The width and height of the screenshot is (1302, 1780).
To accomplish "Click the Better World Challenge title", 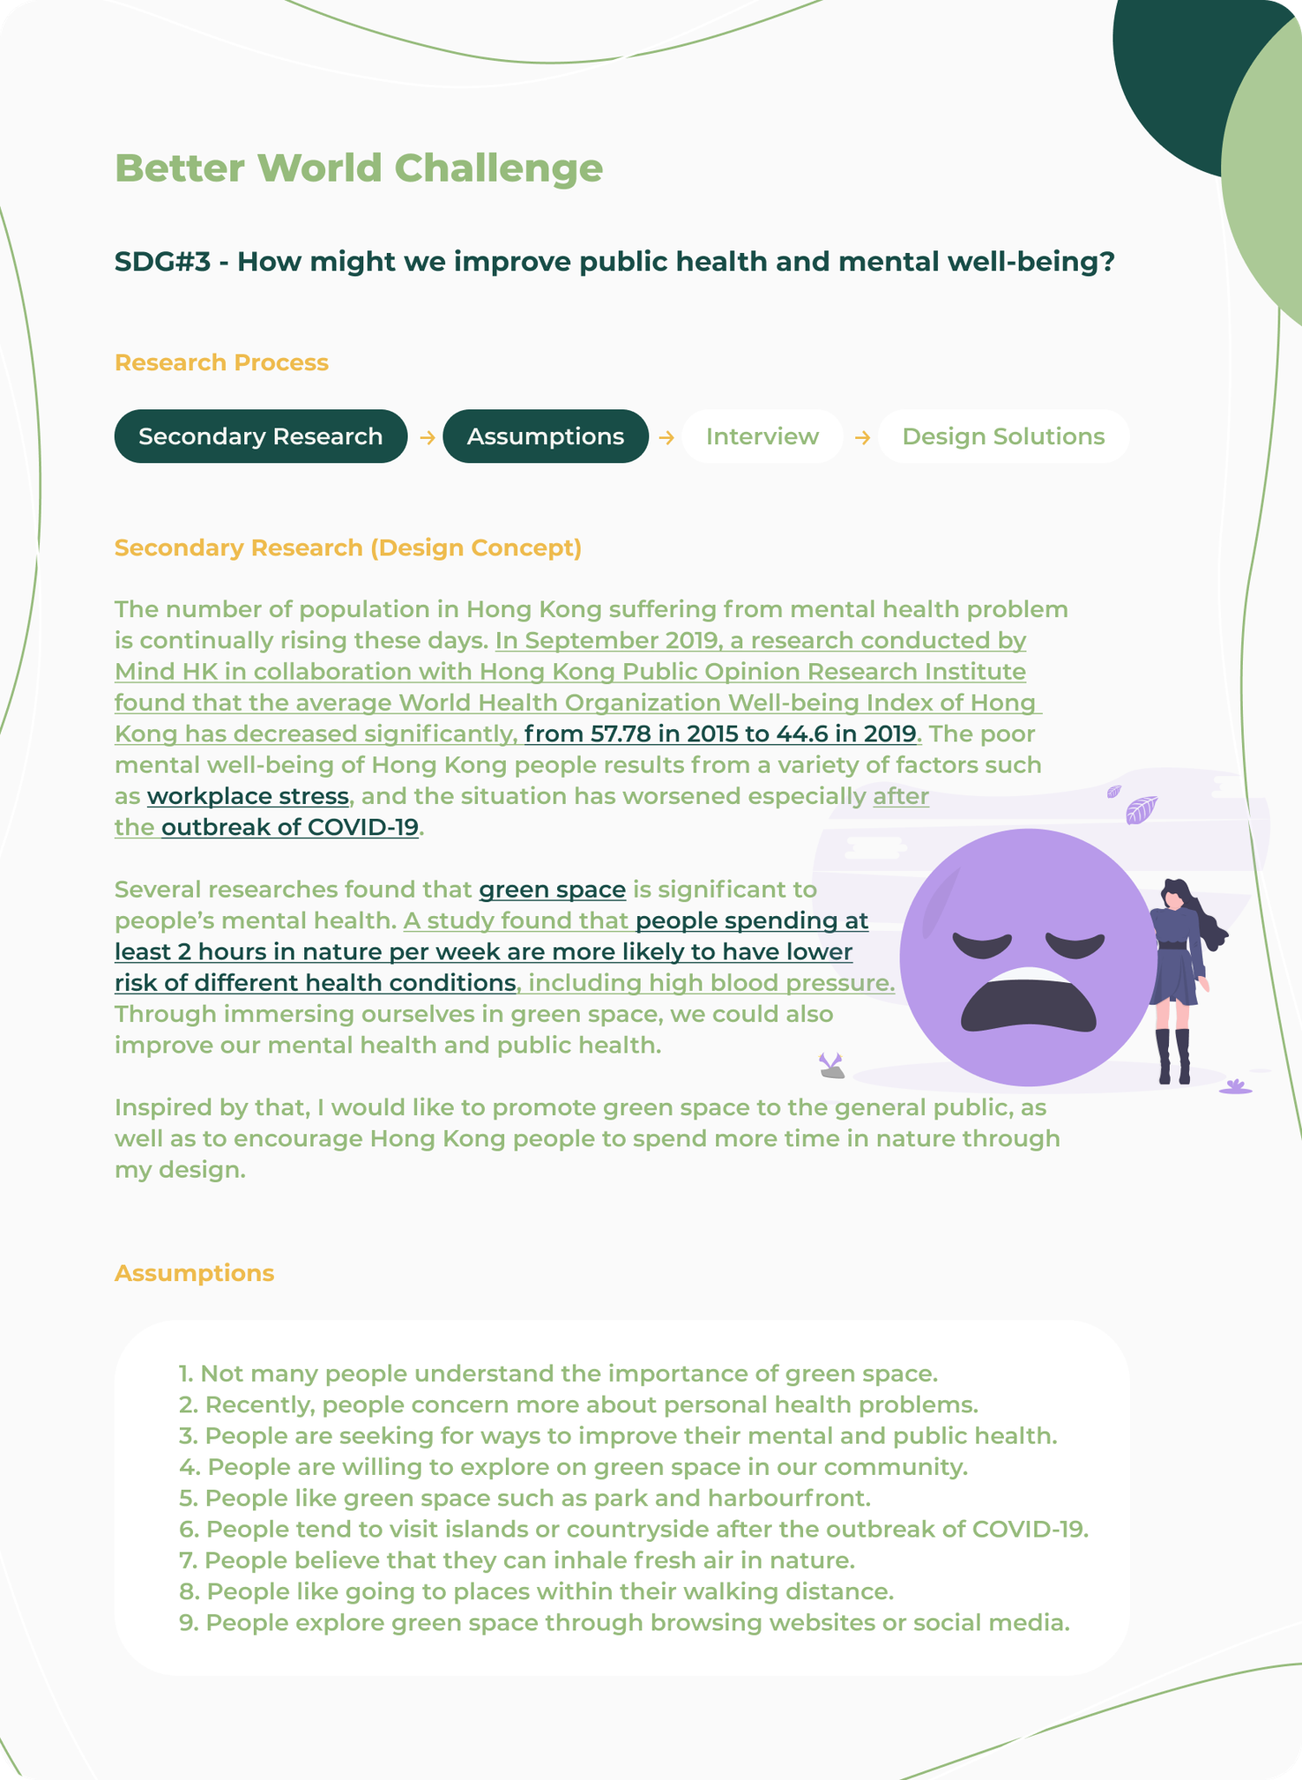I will click(358, 169).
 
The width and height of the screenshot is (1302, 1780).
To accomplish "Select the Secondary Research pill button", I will click(261, 436).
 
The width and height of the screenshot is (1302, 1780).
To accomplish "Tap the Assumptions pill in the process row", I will click(545, 436).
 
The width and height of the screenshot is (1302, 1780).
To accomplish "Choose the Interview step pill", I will click(761, 436).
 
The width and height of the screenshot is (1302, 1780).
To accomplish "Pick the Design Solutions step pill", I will click(1003, 436).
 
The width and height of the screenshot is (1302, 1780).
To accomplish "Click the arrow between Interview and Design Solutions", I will click(862, 437).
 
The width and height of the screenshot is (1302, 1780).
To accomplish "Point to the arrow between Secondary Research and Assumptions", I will click(427, 437).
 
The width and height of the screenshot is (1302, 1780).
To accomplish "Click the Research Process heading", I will click(222, 362).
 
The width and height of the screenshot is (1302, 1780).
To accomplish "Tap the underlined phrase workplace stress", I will click(248, 796).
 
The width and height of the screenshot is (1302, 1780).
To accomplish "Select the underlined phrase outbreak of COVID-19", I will click(290, 827).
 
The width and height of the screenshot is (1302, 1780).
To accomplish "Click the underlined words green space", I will click(552, 890).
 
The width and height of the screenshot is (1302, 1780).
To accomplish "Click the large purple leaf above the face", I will click(1140, 810).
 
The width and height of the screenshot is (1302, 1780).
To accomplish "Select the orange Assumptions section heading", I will click(195, 1273).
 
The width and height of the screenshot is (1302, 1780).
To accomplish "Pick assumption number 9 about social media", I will click(624, 1623).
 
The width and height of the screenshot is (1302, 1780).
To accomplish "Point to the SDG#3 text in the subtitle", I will click(163, 262).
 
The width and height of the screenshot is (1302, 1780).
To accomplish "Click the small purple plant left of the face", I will click(832, 1065).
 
